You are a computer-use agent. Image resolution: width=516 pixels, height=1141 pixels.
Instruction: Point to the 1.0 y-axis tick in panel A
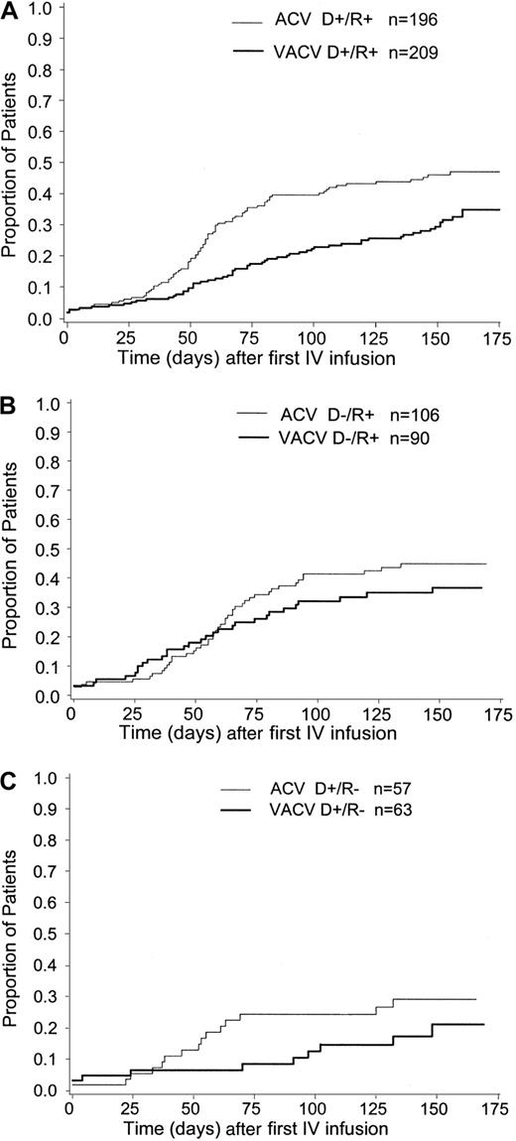42,14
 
